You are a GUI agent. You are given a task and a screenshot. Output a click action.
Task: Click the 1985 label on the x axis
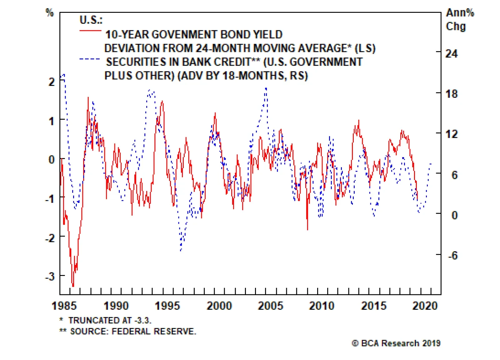64,306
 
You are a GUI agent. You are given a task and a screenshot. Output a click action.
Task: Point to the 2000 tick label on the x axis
219,306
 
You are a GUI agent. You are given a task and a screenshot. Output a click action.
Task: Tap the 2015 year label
373,306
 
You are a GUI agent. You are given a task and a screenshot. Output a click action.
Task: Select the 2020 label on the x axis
425,306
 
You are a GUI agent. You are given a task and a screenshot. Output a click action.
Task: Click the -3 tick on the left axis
50,277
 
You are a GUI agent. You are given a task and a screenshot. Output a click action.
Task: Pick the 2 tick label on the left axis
52,82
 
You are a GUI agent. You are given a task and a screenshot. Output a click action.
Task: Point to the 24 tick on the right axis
451,53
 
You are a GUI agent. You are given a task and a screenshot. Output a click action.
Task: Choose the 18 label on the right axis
451,94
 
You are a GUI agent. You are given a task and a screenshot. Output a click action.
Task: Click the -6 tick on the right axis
452,255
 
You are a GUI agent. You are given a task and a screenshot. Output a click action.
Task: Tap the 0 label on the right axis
454,215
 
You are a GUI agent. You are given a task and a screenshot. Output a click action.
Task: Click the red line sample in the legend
90,31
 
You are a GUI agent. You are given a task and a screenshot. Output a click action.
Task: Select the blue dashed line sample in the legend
90,59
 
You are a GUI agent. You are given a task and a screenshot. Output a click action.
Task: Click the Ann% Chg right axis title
459,19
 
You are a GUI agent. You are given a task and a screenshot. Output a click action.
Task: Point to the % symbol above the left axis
50,13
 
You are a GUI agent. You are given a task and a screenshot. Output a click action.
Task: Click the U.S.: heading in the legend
91,20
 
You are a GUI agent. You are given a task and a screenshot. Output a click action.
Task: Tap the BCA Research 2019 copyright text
396,343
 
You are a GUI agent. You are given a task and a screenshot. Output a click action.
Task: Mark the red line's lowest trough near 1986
73,286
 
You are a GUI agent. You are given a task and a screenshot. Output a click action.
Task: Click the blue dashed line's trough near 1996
181,250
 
